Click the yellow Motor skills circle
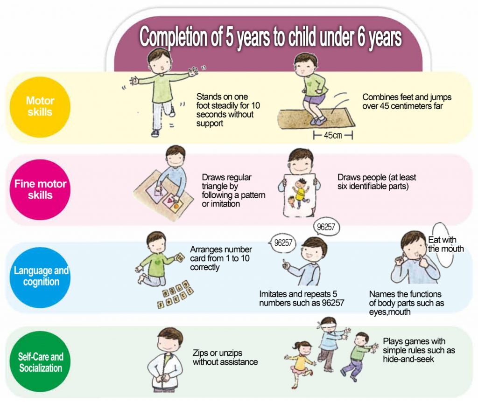tap(40, 107)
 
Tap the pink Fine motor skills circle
tap(40, 189)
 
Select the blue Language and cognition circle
tap(40, 277)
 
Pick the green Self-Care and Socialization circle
tap(40, 362)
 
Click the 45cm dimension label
tap(332, 135)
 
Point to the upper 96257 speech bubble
tap(326, 227)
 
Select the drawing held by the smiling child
tap(299, 195)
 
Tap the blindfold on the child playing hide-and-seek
tap(328, 324)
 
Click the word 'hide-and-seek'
tap(408, 359)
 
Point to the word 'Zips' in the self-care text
tap(200, 353)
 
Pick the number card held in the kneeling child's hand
tap(179, 257)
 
